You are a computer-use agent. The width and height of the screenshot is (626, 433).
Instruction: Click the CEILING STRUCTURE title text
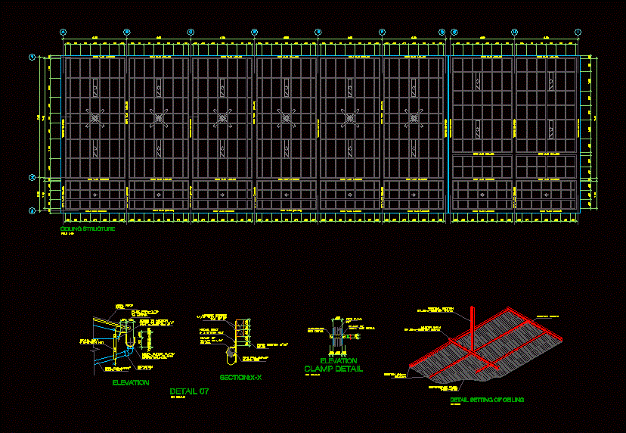88,229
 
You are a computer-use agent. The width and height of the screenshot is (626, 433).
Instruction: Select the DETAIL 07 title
189,391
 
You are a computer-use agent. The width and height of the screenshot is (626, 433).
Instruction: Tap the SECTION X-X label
240,376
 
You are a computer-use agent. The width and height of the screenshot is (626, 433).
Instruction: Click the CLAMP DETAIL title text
333,369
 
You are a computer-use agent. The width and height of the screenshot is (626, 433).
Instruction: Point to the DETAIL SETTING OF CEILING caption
487,399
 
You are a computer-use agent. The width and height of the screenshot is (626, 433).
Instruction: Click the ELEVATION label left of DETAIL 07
131,383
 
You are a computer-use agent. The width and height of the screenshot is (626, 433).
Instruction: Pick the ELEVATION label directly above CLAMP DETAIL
339,361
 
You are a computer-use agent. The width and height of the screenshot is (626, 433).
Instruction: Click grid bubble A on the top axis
64,32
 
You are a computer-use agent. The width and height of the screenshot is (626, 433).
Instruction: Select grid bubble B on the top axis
127,32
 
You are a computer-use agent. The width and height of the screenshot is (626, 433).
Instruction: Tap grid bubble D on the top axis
255,32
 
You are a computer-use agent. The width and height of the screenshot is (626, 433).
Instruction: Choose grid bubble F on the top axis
383,32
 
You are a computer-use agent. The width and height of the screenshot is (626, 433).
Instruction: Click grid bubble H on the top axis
514,32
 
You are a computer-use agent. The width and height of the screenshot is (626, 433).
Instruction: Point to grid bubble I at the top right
578,32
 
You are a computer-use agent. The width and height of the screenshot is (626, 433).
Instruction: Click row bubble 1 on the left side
33,57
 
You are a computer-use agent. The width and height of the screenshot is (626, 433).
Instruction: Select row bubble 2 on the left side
33,178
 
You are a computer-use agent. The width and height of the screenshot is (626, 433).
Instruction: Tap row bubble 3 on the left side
33,211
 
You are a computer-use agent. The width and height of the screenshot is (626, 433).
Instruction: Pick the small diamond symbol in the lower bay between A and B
95,195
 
